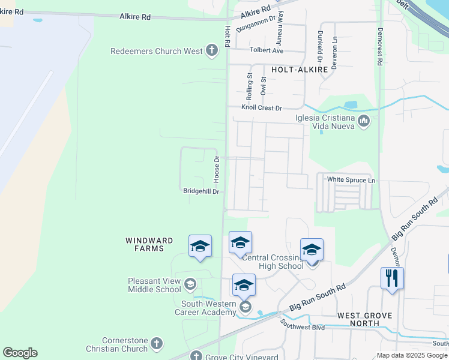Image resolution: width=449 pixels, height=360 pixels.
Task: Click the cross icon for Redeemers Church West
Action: (211, 51)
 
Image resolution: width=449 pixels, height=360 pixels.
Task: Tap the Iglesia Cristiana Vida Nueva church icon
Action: (363, 122)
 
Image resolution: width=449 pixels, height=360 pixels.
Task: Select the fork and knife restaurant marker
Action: (392, 278)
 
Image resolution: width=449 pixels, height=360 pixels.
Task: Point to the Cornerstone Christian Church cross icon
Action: (156, 344)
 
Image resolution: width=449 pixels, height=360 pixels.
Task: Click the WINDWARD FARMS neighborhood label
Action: (149, 245)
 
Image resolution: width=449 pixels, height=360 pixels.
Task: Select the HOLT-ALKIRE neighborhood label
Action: (300, 70)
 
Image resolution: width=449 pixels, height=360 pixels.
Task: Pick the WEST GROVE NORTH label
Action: (364, 319)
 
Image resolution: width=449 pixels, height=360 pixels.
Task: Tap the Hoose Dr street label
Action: (217, 170)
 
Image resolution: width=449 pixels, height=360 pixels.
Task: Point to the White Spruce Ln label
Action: (351, 180)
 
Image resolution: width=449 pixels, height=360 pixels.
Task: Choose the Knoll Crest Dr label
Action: (261, 108)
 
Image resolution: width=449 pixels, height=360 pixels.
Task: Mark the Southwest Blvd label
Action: (303, 328)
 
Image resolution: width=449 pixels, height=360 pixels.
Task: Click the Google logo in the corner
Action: (20, 353)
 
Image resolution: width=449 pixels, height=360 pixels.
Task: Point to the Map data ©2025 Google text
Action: (412, 355)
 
